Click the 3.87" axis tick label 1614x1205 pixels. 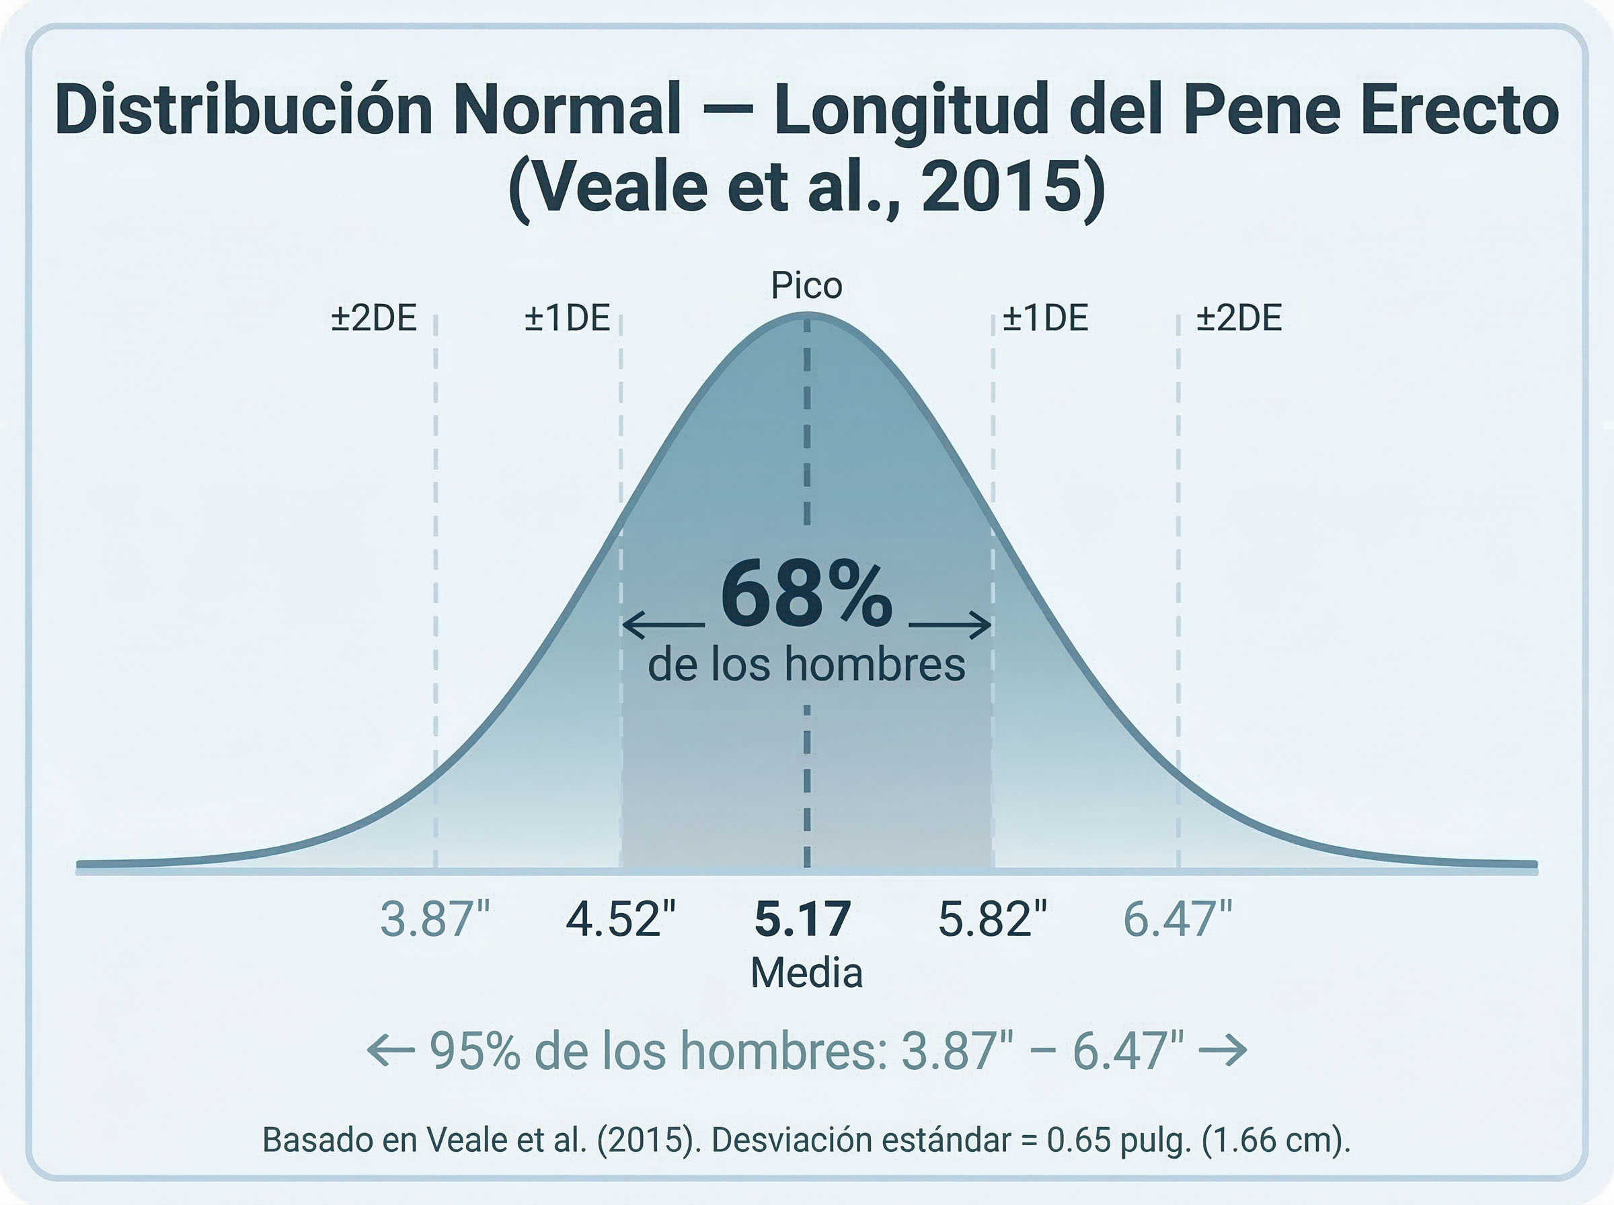(434, 920)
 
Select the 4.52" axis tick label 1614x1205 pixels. (621, 920)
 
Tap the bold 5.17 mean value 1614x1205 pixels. (802, 920)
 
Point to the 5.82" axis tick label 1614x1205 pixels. (992, 920)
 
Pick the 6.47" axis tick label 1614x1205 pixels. (1177, 920)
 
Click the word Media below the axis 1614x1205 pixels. (806, 973)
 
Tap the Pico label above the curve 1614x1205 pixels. (806, 285)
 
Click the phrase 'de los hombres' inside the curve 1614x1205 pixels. (806, 664)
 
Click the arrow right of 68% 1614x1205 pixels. (950, 625)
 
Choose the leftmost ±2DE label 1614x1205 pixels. (374, 319)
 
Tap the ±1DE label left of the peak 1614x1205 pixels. (568, 319)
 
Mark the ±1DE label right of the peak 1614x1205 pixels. (1045, 319)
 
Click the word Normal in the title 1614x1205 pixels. (567, 111)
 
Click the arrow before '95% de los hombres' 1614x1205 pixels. (391, 1051)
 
